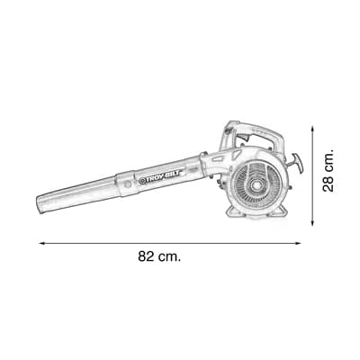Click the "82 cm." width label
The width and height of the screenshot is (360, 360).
click(159, 256)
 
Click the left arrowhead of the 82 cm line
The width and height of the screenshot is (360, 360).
click(41, 242)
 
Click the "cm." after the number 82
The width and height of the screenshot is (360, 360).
click(170, 256)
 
